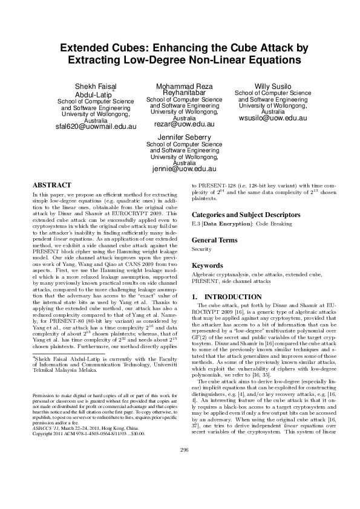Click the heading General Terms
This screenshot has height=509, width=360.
[x=214, y=240]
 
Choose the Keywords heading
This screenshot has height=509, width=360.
[x=208, y=266]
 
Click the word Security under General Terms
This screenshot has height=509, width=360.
[x=201, y=249]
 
